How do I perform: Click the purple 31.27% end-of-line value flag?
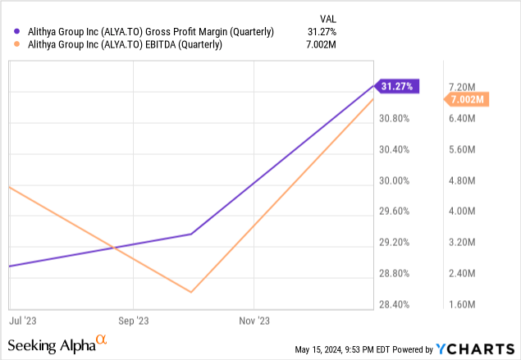400,85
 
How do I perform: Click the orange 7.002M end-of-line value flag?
466,99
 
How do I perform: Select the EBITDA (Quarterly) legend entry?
119,45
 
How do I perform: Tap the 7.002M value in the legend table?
321,45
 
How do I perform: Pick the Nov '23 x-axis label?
256,320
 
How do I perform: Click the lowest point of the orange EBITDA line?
191,292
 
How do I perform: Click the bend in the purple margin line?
191,234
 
